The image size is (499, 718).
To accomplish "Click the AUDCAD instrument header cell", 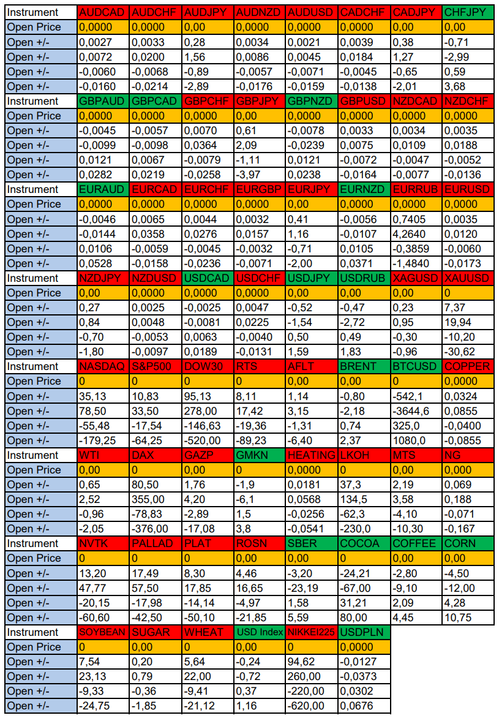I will click(x=103, y=12).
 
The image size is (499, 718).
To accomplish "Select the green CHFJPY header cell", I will click(x=468, y=12).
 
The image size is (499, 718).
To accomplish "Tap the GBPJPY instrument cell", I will click(x=259, y=101).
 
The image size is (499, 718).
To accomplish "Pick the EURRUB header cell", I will click(x=415, y=189).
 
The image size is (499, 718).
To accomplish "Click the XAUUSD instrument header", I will click(x=468, y=278).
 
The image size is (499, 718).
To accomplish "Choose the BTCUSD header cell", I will click(x=415, y=366).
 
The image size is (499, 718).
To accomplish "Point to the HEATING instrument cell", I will click(x=311, y=455).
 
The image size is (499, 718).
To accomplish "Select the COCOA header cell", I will click(x=363, y=543).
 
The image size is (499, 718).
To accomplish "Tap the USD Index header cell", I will click(x=259, y=632).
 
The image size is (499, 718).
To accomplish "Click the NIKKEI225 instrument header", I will click(x=311, y=632).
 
